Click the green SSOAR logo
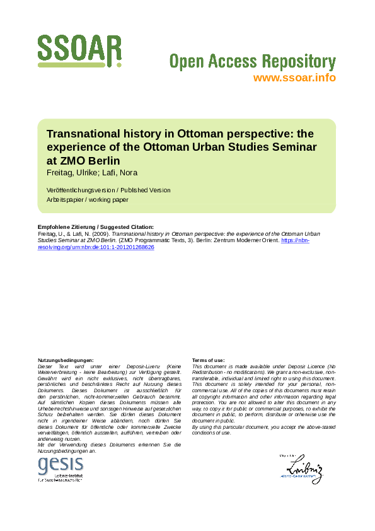pos(79,50)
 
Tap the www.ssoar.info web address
pos(294,78)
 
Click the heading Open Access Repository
pos(252,62)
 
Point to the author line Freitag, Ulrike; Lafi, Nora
pos(92,173)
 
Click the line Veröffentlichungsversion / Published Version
pos(108,190)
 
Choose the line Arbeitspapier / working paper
pos(88,199)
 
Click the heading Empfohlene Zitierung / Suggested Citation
pos(96,227)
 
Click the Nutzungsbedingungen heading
pos(66,360)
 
